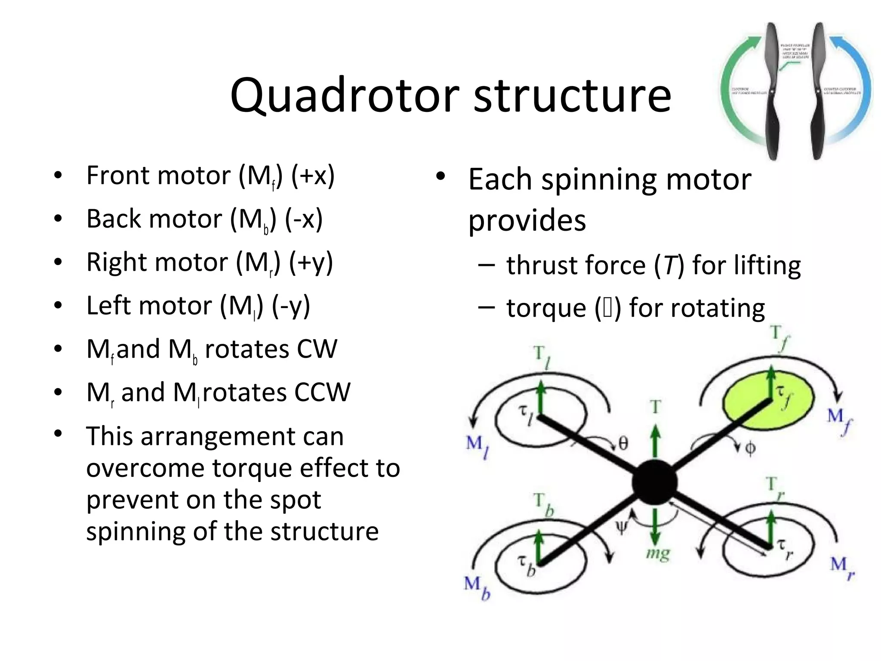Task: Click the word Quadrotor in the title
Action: click(344, 96)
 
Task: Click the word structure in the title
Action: click(572, 96)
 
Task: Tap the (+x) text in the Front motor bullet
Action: click(313, 176)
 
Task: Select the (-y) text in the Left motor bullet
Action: click(291, 306)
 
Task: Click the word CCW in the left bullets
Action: click(322, 392)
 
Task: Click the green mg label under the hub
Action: click(658, 553)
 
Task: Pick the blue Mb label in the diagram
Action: click(477, 587)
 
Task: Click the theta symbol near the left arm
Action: click(623, 443)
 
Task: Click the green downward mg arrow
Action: click(655, 527)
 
